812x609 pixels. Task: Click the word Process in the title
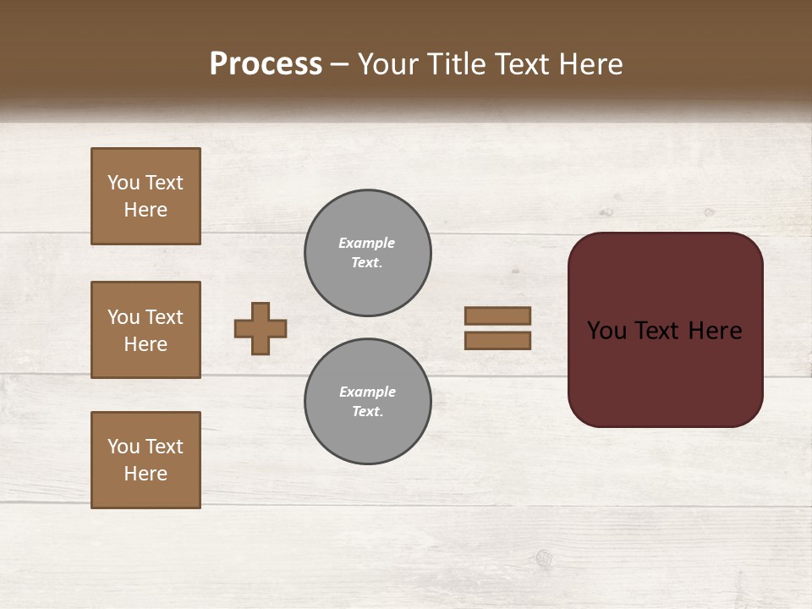point(266,64)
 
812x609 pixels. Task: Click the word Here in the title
point(590,64)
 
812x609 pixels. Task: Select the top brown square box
point(145,196)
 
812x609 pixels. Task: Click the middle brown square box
point(145,330)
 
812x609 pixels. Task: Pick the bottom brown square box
point(145,460)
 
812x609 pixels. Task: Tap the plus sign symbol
point(261,328)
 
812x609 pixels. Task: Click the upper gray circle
point(367,252)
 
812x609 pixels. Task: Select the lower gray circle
point(367,401)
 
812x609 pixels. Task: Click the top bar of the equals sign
point(498,315)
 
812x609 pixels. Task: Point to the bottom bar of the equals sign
point(498,340)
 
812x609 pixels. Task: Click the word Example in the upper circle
point(366,243)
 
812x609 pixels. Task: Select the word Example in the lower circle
point(367,392)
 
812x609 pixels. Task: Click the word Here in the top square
point(145,210)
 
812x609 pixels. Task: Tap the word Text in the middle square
point(163,317)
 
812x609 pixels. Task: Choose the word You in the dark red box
point(606,331)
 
